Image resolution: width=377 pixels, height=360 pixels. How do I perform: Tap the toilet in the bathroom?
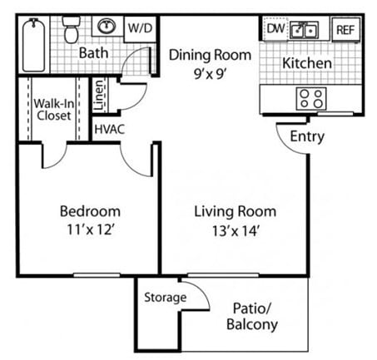point(72,32)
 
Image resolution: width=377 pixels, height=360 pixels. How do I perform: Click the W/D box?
point(138,28)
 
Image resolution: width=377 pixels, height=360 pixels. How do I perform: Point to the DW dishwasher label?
point(275,30)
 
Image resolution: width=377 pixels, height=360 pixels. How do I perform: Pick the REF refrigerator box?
point(344,31)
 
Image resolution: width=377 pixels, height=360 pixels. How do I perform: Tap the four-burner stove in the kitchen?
point(311,99)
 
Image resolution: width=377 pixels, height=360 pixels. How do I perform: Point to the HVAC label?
point(108,130)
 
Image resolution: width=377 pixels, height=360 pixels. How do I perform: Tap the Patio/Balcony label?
point(251,317)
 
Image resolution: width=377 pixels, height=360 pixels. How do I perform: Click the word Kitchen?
point(307,63)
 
